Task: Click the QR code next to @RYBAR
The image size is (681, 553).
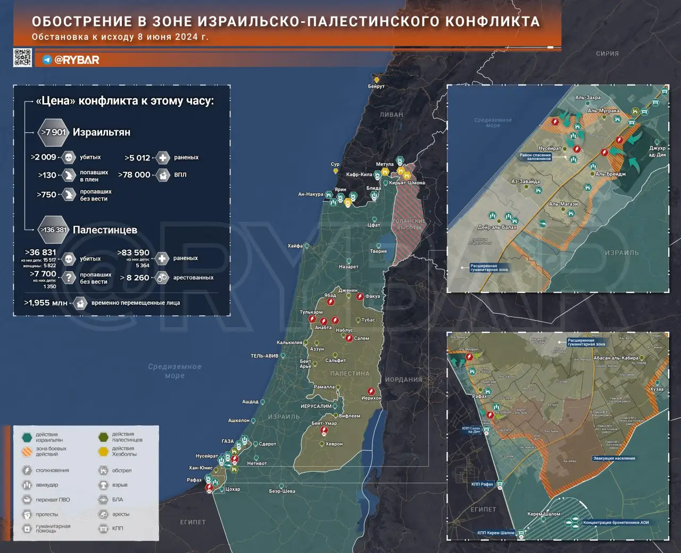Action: coord(22,57)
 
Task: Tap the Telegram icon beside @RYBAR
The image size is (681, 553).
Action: coord(47,60)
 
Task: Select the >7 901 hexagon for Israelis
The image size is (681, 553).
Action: coord(54,132)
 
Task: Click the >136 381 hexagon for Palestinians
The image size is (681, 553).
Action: coord(54,230)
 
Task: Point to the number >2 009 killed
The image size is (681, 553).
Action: coord(44,157)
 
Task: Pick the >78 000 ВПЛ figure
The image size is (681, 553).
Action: coord(134,174)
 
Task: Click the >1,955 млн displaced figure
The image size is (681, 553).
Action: coord(46,303)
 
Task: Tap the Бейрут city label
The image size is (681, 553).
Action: coord(376,86)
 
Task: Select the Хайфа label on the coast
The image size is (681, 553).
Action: coord(295,246)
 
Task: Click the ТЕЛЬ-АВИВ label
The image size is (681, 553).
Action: coord(264,356)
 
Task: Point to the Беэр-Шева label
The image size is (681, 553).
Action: coord(282,491)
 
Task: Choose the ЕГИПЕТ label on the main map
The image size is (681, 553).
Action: coord(193,522)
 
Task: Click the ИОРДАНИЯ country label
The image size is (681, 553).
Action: coord(403,380)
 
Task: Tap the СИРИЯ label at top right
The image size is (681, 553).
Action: coord(607,54)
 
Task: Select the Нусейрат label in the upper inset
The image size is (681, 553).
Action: coord(550,148)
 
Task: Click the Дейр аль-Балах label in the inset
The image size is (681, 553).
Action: coord(497,228)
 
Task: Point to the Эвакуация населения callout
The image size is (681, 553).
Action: coord(614,458)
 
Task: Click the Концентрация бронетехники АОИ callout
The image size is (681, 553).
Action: coord(616,522)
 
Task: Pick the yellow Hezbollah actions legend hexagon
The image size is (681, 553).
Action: coord(103,451)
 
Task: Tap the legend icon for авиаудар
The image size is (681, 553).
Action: coord(27,485)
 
